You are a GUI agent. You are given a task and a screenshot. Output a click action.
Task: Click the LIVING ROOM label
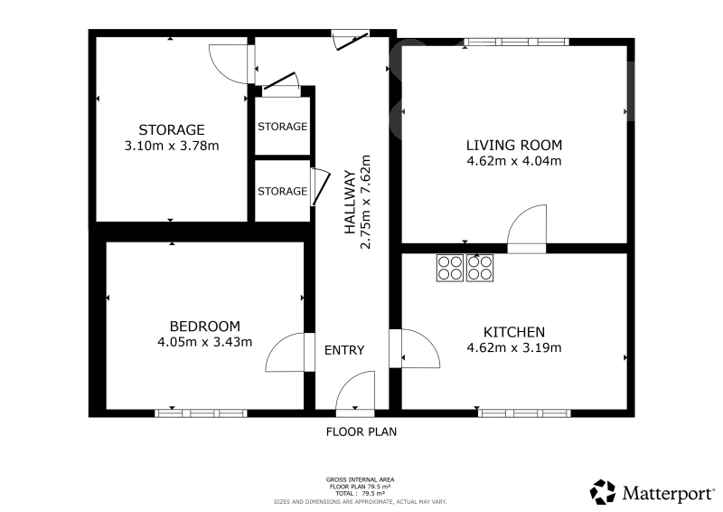pyautogui.click(x=514, y=146)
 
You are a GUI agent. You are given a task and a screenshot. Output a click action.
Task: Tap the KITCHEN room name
pyautogui.click(x=514, y=332)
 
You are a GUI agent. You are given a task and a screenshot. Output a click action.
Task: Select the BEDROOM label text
pyautogui.click(x=205, y=327)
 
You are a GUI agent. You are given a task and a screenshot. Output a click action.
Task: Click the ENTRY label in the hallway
pyautogui.click(x=344, y=350)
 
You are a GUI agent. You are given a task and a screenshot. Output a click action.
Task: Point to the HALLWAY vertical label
pyautogui.click(x=351, y=203)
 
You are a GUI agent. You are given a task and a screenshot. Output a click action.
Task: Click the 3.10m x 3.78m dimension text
pyautogui.click(x=172, y=146)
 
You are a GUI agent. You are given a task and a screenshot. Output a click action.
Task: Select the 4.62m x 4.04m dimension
pyautogui.click(x=514, y=161)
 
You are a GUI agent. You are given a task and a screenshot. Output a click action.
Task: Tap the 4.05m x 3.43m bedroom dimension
pyautogui.click(x=205, y=342)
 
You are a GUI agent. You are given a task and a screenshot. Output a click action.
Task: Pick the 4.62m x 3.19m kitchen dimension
pyautogui.click(x=514, y=347)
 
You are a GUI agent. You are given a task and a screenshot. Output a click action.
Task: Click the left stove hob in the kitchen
pyautogui.click(x=449, y=269)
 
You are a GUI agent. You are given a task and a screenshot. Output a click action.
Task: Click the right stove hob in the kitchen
pyautogui.click(x=480, y=269)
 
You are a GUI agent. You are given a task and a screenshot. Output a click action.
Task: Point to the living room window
pyautogui.click(x=516, y=42)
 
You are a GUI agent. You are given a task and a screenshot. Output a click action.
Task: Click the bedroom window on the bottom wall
pyautogui.click(x=201, y=413)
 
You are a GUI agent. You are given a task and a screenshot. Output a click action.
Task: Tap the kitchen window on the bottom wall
pyautogui.click(x=524, y=413)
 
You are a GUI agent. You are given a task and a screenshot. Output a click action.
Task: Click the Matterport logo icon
pyautogui.click(x=603, y=492)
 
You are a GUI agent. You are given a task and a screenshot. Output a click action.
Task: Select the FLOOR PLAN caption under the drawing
pyautogui.click(x=361, y=432)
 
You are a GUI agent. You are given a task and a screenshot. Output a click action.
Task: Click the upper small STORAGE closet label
pyautogui.click(x=282, y=127)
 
